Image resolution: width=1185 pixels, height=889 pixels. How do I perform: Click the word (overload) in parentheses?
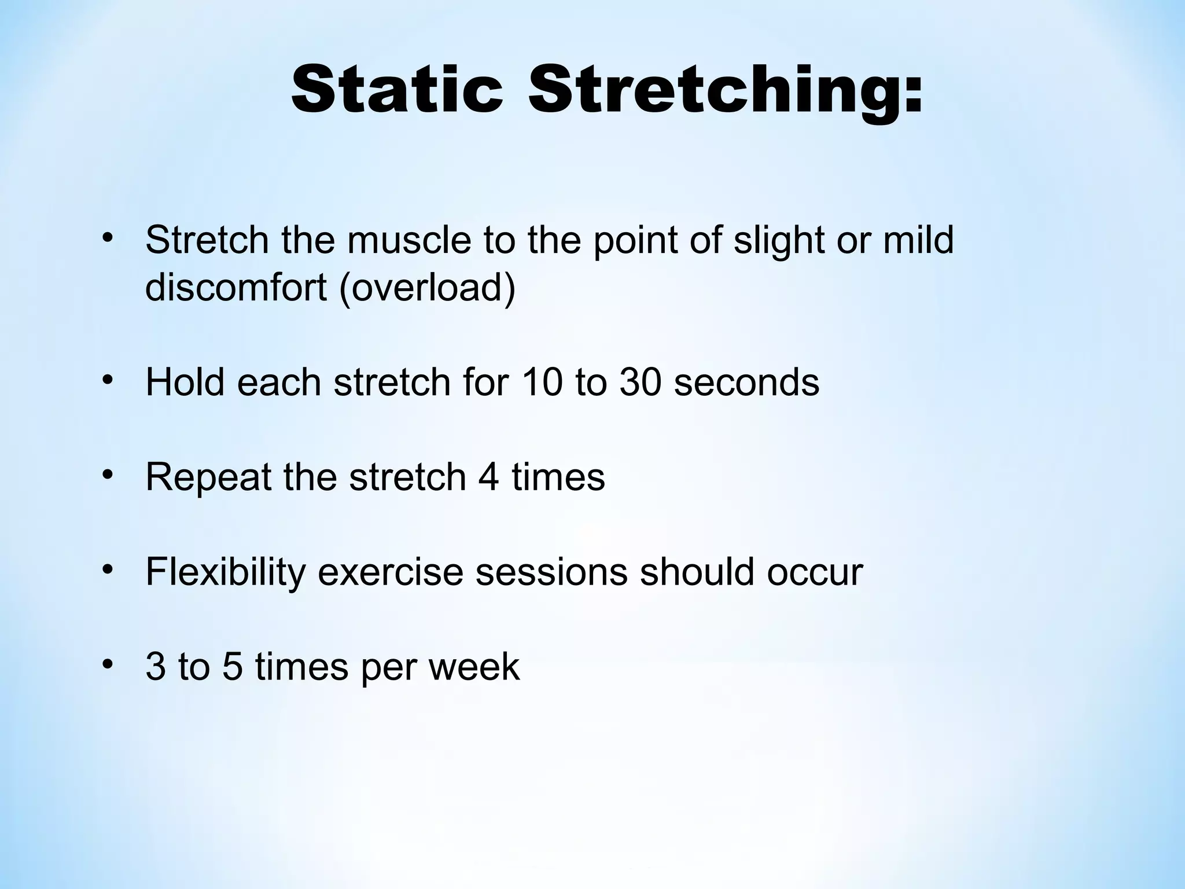(x=427, y=288)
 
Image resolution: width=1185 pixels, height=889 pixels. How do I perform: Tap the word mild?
(x=918, y=240)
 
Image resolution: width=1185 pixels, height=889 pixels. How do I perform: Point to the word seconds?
(x=746, y=383)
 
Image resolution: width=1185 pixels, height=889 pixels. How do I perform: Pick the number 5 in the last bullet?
(x=232, y=667)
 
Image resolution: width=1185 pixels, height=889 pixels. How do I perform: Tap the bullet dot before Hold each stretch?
(x=106, y=380)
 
